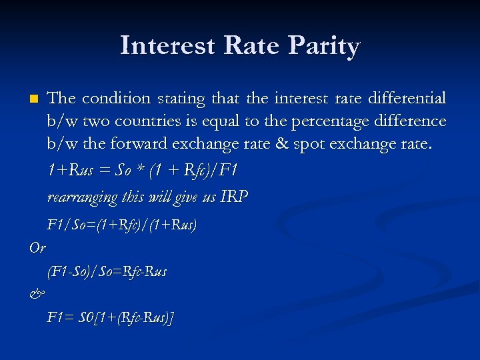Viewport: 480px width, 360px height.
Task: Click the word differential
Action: [403, 99]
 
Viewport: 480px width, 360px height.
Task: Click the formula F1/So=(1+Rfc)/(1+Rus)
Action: [122, 225]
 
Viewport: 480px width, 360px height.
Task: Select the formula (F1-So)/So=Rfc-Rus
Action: [107, 271]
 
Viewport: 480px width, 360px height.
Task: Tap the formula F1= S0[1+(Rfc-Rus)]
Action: [111, 318]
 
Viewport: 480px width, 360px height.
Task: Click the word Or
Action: [37, 247]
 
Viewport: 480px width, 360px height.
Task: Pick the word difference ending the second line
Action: [406, 121]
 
